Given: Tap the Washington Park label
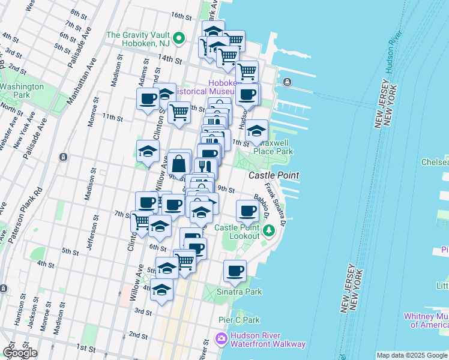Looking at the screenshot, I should coord(22,91).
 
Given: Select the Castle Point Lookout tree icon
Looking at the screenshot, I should coord(270,230).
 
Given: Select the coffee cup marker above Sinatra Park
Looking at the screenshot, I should coord(235,271).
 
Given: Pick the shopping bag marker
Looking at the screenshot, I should coord(179,163).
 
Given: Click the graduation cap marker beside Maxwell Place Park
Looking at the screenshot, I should coord(256,130).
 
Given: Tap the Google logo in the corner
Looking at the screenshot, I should coord(20,352).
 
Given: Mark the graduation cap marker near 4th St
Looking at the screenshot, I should coord(161,290).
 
